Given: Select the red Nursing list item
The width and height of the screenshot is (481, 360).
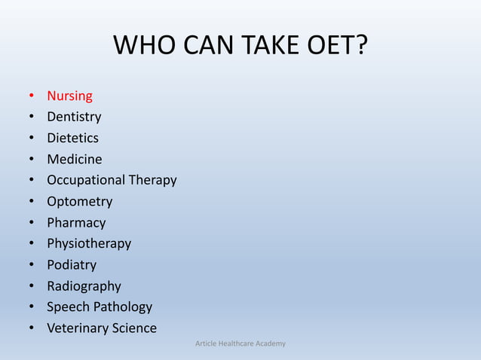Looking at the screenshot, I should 69,96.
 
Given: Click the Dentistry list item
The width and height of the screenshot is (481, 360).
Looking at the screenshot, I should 74,117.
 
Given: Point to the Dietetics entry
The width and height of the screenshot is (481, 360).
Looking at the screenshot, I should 72,138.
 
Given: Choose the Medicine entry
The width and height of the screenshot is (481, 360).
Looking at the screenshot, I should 74,159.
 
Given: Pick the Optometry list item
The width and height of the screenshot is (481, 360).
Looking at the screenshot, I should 79,201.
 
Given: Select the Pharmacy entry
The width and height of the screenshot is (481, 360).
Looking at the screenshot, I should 76,223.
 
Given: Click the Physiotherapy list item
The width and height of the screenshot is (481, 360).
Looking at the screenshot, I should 89,243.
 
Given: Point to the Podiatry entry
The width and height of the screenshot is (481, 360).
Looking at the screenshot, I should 72,264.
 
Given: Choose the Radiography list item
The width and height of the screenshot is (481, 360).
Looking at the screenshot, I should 84,285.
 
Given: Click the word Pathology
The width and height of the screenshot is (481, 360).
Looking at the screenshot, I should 122,307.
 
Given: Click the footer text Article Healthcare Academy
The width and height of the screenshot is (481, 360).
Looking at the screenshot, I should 240,344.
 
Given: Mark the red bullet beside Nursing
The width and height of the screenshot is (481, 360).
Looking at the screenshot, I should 31,96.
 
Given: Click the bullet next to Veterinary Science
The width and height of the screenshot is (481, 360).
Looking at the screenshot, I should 31,328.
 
